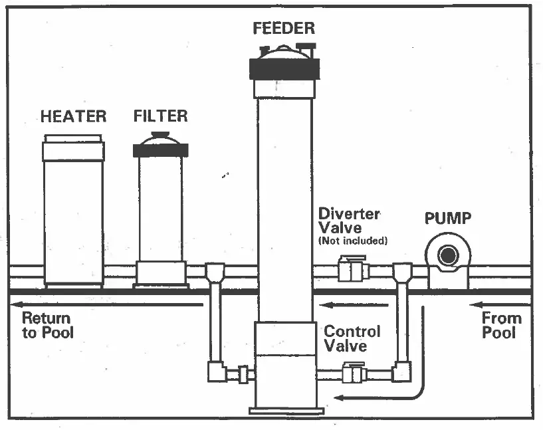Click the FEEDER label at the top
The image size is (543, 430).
click(x=283, y=29)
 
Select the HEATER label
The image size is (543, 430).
click(x=73, y=116)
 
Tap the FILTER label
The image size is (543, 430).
click(x=160, y=116)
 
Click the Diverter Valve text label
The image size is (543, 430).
click(x=349, y=221)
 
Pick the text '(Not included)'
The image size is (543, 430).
click(x=353, y=241)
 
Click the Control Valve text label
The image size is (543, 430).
click(x=352, y=338)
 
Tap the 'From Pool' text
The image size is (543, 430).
click(x=502, y=325)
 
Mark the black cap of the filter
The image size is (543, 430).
click(x=160, y=150)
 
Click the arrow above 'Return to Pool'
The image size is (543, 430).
click(x=106, y=305)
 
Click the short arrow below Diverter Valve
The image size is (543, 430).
click(x=352, y=305)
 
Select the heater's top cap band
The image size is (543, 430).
click(x=73, y=151)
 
